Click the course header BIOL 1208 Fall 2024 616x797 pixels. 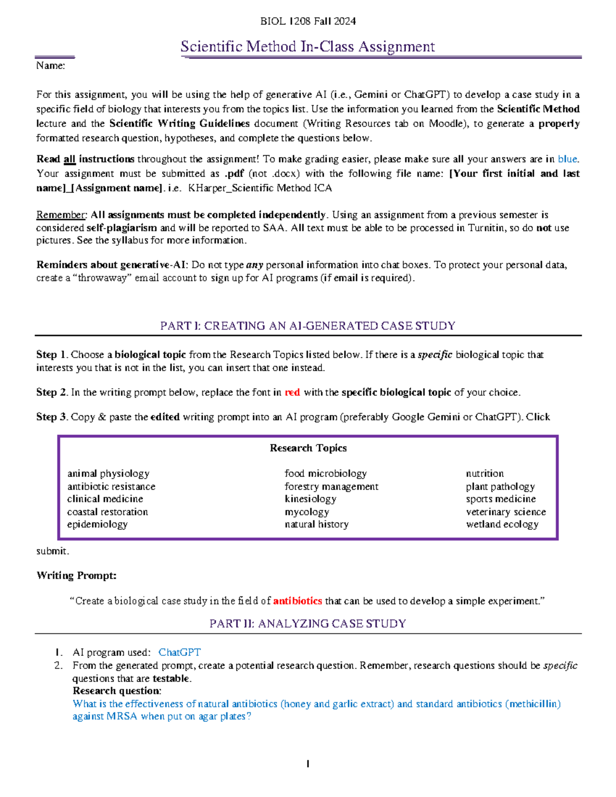click(x=307, y=21)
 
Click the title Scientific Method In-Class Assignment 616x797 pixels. click(x=307, y=47)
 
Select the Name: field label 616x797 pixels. click(x=50, y=66)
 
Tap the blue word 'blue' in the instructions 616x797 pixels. click(x=567, y=159)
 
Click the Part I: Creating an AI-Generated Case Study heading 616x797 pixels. click(x=307, y=326)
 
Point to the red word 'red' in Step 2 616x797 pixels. click(x=292, y=392)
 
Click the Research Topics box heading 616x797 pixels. click(x=308, y=448)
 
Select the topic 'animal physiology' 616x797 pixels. click(x=108, y=473)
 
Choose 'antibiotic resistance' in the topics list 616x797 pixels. click(x=111, y=486)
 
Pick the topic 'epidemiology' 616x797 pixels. click(x=97, y=524)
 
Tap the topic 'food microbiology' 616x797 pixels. click(x=325, y=473)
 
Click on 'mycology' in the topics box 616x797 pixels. click(x=307, y=512)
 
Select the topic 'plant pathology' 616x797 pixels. click(x=500, y=486)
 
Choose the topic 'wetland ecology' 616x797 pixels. click(x=502, y=524)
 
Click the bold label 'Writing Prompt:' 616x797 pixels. click(x=76, y=575)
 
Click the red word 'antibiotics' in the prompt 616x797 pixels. click(x=297, y=600)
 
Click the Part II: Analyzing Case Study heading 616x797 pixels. click(x=307, y=624)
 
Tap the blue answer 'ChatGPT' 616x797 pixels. click(x=179, y=652)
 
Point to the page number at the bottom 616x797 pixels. click(x=307, y=764)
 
